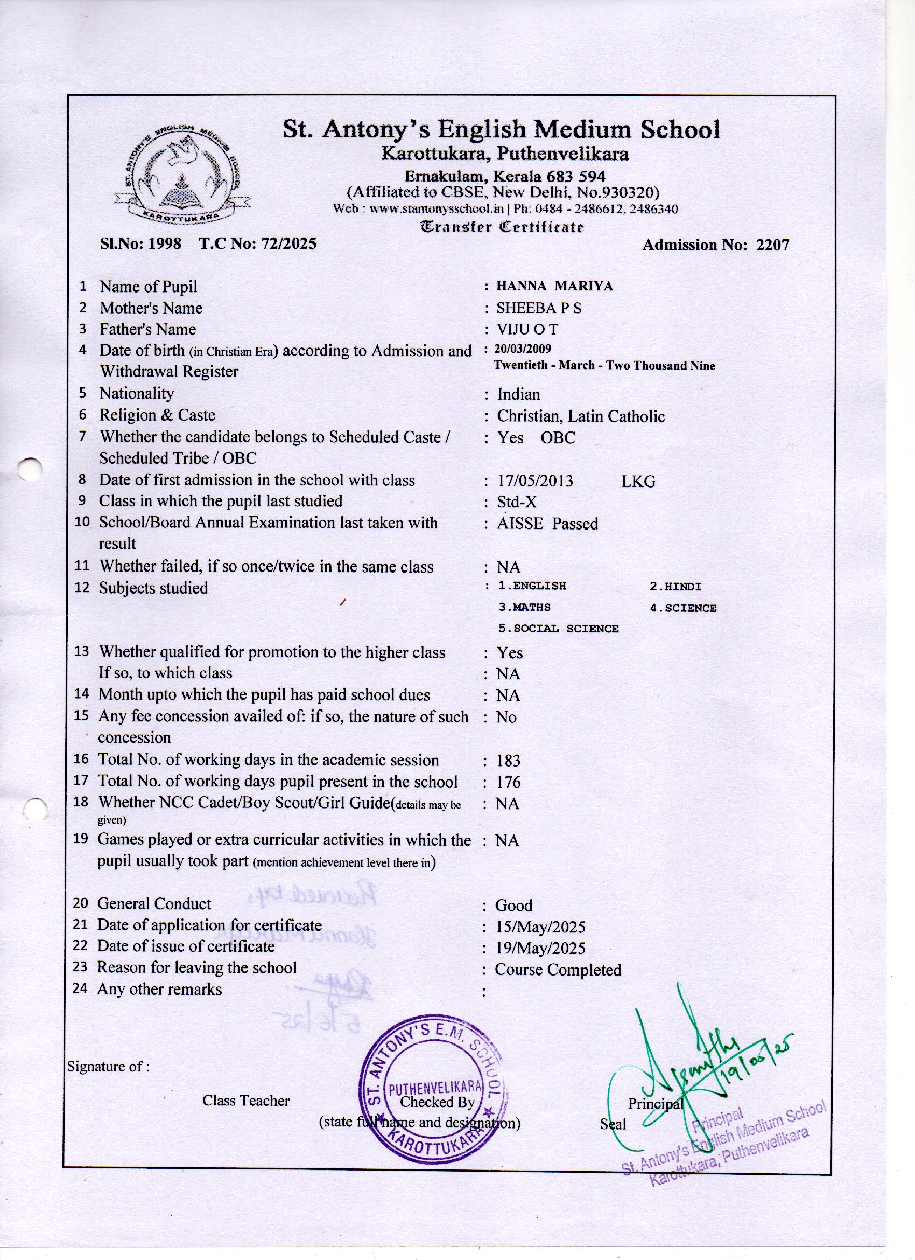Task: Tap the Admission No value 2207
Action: pyautogui.click(x=772, y=246)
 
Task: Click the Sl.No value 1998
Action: pyautogui.click(x=164, y=244)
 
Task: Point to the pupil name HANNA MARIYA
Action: pyautogui.click(x=554, y=286)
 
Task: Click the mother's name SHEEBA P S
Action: pyautogui.click(x=539, y=308)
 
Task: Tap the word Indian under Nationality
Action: pyautogui.click(x=518, y=394)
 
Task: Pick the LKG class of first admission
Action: pyautogui.click(x=638, y=482)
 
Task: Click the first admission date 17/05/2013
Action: pyautogui.click(x=535, y=481)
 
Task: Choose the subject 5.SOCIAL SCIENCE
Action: pyautogui.click(x=559, y=629)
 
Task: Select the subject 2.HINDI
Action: pyautogui.click(x=675, y=587)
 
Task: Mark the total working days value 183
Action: pyautogui.click(x=509, y=761)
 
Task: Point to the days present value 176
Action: pyautogui.click(x=509, y=783)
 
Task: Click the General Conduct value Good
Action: pyautogui.click(x=513, y=906)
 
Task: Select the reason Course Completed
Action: pyautogui.click(x=558, y=970)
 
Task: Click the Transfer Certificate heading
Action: pyautogui.click(x=503, y=227)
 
